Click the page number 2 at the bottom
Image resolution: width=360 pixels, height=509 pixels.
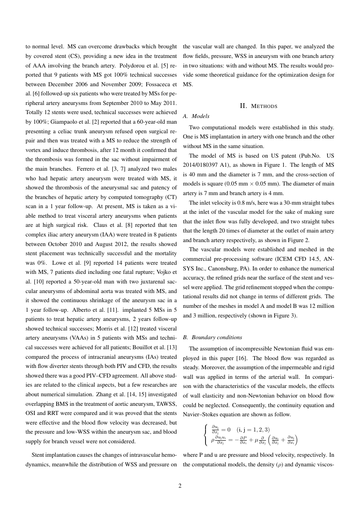coord(180,486)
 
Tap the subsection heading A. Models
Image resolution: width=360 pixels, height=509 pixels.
coord(196,116)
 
